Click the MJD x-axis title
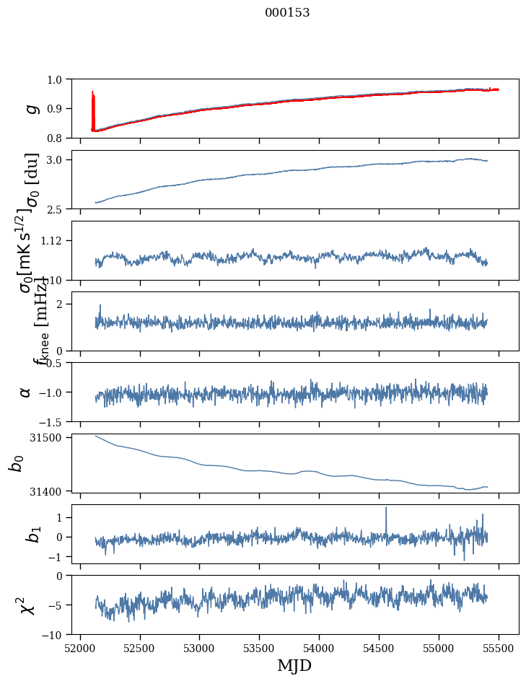coord(294,665)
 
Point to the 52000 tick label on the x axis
coord(80,648)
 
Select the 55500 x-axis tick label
coord(499,648)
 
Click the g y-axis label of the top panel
coord(30,108)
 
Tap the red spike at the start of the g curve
coord(93,101)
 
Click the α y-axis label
coord(25,392)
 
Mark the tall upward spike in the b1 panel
coord(386,509)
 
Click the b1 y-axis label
coord(30,534)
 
